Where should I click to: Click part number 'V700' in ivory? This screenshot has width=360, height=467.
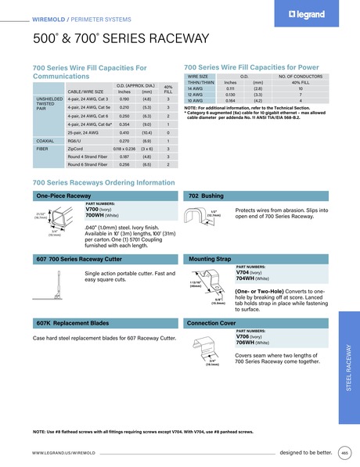[92, 210]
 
